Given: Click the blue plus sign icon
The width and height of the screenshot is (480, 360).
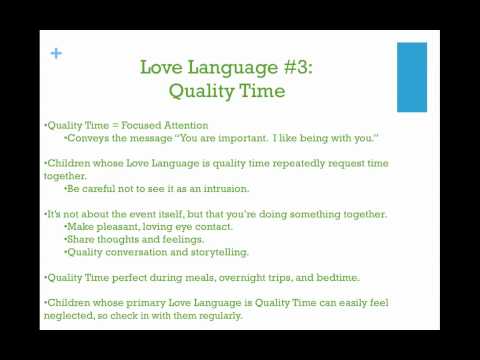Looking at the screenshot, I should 56,54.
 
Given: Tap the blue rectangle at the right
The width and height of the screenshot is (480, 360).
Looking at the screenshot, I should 412,77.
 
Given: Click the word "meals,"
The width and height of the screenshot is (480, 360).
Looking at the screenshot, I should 210,277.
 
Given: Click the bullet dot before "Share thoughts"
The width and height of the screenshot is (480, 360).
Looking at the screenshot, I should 66,240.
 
